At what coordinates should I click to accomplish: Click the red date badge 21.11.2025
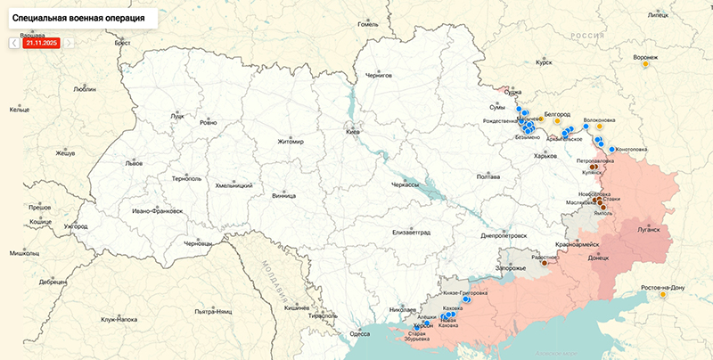(x=41, y=42)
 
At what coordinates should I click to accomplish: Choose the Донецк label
(x=598, y=258)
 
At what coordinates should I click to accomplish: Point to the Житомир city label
(x=291, y=141)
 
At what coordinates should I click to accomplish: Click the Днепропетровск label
(x=504, y=236)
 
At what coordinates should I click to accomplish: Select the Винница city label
(x=283, y=193)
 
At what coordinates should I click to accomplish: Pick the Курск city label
(x=544, y=63)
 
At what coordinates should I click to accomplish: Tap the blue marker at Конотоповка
(x=612, y=149)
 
